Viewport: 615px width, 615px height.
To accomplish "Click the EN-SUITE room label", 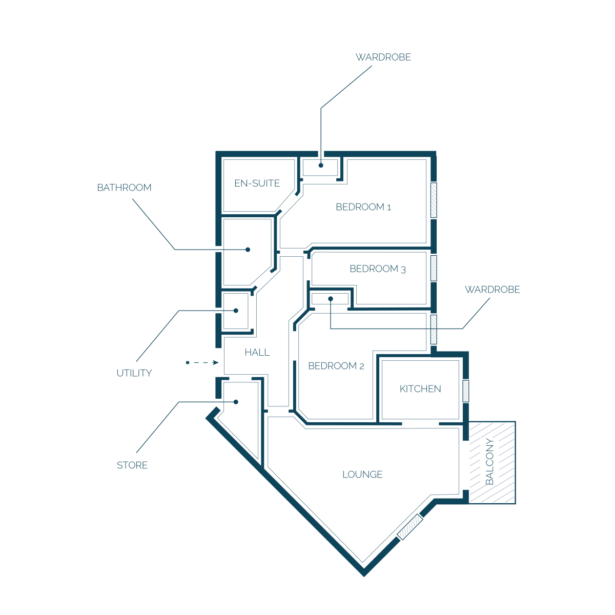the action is point(257,183).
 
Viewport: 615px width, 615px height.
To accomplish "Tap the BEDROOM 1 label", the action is point(363,207).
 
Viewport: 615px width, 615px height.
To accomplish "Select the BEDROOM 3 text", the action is point(378,269).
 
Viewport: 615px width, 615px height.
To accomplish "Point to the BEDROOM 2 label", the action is point(336,366).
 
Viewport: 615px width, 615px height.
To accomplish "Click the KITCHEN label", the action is point(420,389).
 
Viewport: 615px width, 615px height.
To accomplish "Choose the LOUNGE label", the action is point(362,475).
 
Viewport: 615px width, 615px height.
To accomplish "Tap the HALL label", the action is point(257,352).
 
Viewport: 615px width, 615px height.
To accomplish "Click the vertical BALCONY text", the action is point(489,461).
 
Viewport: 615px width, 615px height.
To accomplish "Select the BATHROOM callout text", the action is point(124,188).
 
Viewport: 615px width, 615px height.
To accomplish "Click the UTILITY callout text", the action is point(134,373).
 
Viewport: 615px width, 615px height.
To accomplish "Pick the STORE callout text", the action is point(132,465).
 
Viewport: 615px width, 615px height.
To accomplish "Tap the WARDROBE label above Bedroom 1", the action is point(383,57).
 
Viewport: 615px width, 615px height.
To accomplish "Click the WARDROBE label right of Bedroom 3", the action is point(492,290).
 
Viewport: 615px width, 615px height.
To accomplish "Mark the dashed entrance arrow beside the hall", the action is point(202,362).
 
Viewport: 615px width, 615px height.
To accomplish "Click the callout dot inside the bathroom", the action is point(248,250).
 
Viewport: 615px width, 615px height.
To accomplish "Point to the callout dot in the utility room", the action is point(236,311).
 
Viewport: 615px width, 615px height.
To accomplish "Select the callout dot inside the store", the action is point(236,402).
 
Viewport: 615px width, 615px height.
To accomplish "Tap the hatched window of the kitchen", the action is point(466,391).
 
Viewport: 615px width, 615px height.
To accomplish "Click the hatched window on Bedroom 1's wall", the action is point(434,200).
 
